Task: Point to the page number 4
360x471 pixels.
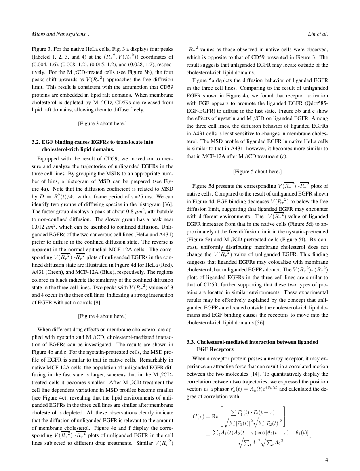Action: [x=326, y=459]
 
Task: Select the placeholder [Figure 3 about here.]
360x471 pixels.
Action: [x=102, y=123]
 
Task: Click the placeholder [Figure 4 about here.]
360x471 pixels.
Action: [x=102, y=316]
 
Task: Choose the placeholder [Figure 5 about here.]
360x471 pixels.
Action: [x=257, y=171]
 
